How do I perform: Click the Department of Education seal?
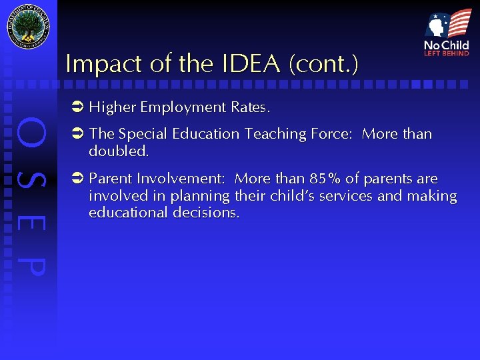[28, 27]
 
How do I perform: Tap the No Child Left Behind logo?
[447, 33]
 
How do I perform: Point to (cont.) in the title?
[323, 64]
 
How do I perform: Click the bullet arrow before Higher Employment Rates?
[77, 107]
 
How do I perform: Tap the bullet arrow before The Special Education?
[77, 134]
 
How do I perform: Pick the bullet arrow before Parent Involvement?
[77, 179]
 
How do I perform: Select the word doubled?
[118, 151]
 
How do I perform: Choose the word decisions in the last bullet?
[207, 213]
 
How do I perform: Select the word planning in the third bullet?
[199, 196]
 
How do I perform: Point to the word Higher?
[112, 107]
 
